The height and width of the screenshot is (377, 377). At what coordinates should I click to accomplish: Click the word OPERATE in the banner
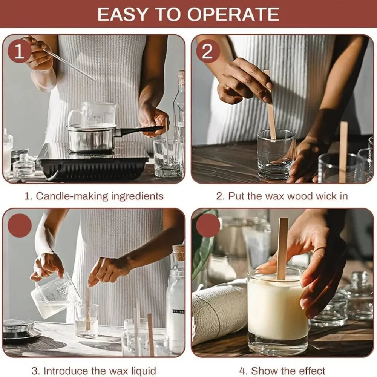pyautogui.click(x=233, y=14)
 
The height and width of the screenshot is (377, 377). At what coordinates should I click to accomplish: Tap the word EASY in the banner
pyautogui.click(x=122, y=14)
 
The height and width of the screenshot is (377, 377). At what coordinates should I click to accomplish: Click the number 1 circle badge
pyautogui.click(x=20, y=51)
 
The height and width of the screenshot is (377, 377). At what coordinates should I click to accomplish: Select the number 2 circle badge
pyautogui.click(x=208, y=51)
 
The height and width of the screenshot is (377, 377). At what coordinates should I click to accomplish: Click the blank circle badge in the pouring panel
pyautogui.click(x=20, y=225)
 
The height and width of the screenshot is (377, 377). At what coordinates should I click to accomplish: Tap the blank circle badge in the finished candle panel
pyautogui.click(x=208, y=225)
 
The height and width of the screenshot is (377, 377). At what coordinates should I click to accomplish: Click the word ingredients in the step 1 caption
pyautogui.click(x=137, y=196)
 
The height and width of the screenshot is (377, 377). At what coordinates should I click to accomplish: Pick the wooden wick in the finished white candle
pyautogui.click(x=283, y=248)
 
